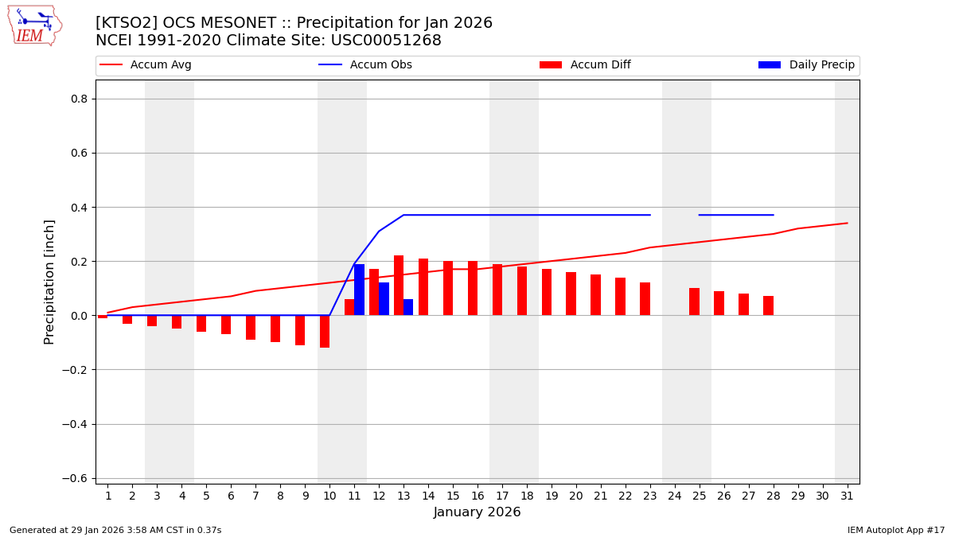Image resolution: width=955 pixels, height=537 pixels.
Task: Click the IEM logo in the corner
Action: pyautogui.click(x=34, y=25)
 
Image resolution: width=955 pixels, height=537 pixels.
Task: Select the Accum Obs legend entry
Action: pyautogui.click(x=365, y=65)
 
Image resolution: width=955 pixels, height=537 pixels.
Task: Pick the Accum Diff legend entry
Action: pyautogui.click(x=585, y=65)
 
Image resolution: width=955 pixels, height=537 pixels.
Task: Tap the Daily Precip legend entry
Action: pyautogui.click(x=806, y=65)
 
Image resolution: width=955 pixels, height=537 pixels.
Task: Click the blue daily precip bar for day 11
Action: pyautogui.click(x=359, y=290)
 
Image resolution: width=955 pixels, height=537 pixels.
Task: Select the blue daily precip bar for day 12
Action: pyautogui.click(x=384, y=299)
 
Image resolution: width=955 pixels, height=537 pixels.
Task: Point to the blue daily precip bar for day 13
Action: pyautogui.click(x=408, y=307)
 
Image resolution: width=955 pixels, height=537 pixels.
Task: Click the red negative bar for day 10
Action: pyautogui.click(x=325, y=331)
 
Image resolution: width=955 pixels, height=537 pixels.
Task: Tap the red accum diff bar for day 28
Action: pyautogui.click(x=768, y=305)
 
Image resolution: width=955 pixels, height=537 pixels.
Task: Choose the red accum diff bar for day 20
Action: pyautogui.click(x=571, y=294)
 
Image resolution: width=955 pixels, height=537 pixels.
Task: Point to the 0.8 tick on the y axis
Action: pyautogui.click(x=79, y=99)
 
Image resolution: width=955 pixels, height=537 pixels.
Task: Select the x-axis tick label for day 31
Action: pyautogui.click(x=847, y=496)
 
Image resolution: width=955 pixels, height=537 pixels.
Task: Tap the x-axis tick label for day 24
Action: pyautogui.click(x=674, y=496)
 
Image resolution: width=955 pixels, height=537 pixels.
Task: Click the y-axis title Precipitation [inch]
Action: pyautogui.click(x=49, y=282)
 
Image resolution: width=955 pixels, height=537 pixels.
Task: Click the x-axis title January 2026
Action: pyautogui.click(x=477, y=513)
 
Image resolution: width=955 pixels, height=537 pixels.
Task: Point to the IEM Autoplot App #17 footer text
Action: pyautogui.click(x=895, y=530)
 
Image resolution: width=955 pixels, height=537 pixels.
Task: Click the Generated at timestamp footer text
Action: pyautogui.click(x=115, y=530)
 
